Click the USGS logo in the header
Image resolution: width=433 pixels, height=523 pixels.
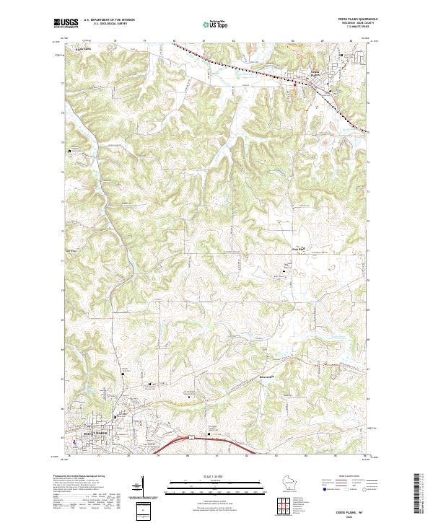(x=66, y=23)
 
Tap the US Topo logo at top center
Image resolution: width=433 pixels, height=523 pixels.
(x=214, y=24)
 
